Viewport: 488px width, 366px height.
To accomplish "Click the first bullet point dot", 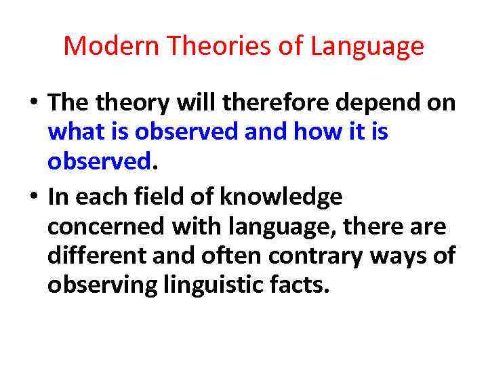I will pos(33,104).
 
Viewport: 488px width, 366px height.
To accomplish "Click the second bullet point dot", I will pos(33,197).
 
